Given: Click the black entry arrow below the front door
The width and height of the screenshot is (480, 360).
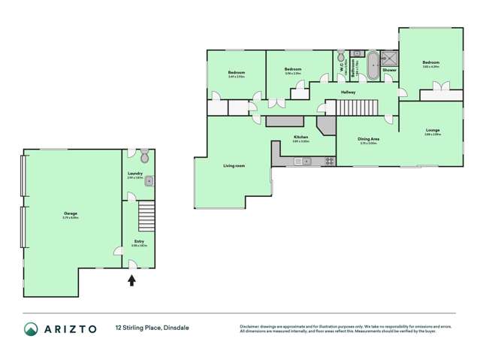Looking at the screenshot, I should pyautogui.click(x=132, y=280).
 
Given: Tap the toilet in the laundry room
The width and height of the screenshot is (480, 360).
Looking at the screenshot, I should pyautogui.click(x=144, y=156).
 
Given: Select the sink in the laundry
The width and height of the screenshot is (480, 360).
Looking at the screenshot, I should pyautogui.click(x=149, y=180).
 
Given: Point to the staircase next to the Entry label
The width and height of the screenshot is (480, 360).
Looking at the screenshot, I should pyautogui.click(x=146, y=216).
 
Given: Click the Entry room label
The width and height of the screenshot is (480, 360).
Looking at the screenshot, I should pyautogui.click(x=139, y=242).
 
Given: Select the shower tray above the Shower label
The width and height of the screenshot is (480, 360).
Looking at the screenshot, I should pyautogui.click(x=389, y=58).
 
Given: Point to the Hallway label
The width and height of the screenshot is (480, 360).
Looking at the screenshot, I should pyautogui.click(x=348, y=92).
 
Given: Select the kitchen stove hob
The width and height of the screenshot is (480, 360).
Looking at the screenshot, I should pyautogui.click(x=329, y=161).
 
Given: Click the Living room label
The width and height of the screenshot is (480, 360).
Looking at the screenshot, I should pyautogui.click(x=234, y=165).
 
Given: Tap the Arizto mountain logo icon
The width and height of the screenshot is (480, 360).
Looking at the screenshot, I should pyautogui.click(x=31, y=328).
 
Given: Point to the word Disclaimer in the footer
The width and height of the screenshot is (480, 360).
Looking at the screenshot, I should pyautogui.click(x=250, y=326).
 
